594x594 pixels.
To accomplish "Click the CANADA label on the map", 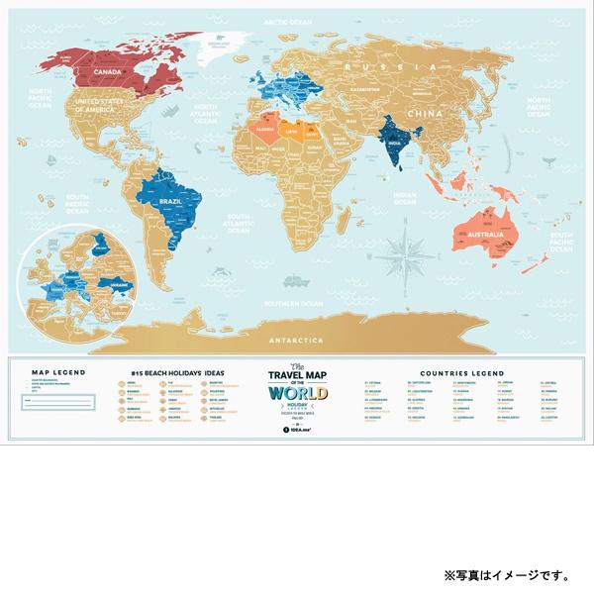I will tap(107, 72).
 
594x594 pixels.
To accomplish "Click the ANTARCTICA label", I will tap(296, 340).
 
